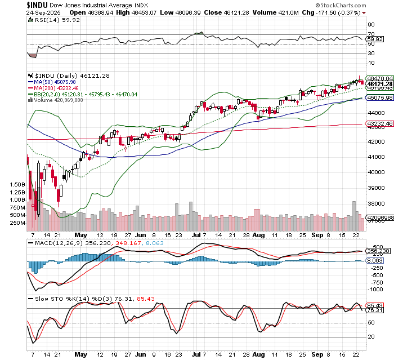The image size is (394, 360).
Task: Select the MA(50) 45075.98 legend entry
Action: pos(53,81)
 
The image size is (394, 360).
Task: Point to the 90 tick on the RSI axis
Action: pos(371,24)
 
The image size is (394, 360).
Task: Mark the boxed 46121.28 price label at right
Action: pos(378,83)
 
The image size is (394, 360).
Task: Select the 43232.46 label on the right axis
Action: pos(378,124)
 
